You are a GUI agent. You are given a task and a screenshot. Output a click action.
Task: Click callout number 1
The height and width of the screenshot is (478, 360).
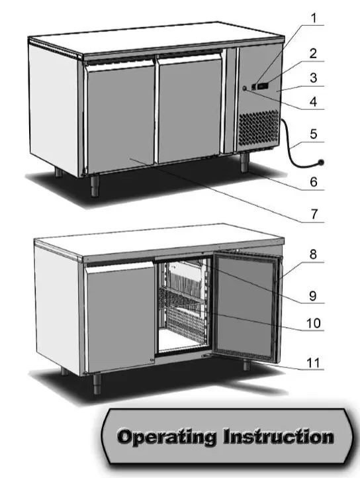coord(314,14)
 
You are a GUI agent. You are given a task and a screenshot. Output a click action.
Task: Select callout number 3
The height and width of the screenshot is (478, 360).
coord(314,77)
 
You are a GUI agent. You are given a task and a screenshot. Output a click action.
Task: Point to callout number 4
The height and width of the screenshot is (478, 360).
coord(314,103)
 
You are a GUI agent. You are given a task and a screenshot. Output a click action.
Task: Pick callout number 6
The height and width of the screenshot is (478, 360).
coord(314,180)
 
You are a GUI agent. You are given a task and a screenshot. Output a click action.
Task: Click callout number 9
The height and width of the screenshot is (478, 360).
coord(314,295)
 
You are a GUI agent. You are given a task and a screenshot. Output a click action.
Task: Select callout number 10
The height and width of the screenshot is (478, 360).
coord(314,324)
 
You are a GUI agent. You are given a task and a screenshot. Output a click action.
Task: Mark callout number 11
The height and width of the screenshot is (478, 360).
coord(314,363)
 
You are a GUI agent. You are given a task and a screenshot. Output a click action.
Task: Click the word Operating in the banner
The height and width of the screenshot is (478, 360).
coord(165,437)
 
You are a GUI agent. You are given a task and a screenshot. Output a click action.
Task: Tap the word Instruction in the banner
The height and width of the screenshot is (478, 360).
coord(278,437)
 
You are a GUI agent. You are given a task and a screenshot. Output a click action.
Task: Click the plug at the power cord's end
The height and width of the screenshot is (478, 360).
coord(322,161)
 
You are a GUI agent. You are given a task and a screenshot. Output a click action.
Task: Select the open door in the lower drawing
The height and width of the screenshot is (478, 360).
coord(245,308)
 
